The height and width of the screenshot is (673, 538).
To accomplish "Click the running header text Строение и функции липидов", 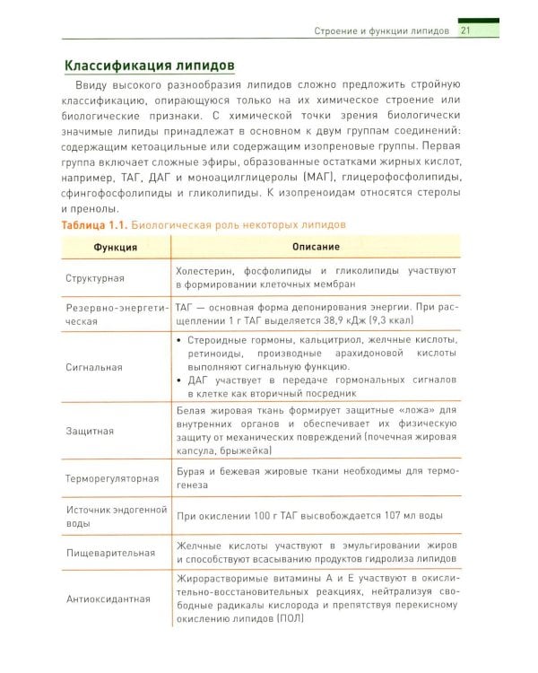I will [383, 32].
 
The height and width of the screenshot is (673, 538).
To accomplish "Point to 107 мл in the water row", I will [381, 517].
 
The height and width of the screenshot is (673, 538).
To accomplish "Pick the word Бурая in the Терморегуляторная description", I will [193, 470].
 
